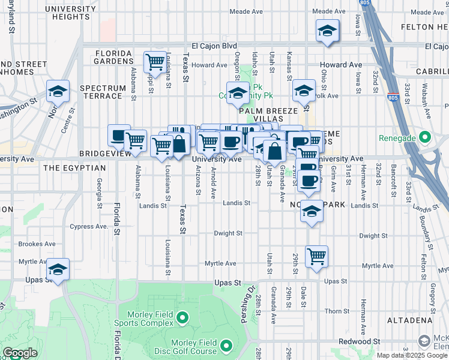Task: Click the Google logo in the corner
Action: coord(20,353)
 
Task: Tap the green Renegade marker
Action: coord(426,138)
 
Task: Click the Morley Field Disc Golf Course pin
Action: coord(226,346)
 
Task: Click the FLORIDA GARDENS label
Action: coord(113,56)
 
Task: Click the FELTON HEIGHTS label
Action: coord(424,27)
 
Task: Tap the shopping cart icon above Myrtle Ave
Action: coord(316,256)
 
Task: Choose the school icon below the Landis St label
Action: coord(312,211)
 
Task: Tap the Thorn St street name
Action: coord(337,311)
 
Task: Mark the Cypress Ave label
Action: coord(88,227)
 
